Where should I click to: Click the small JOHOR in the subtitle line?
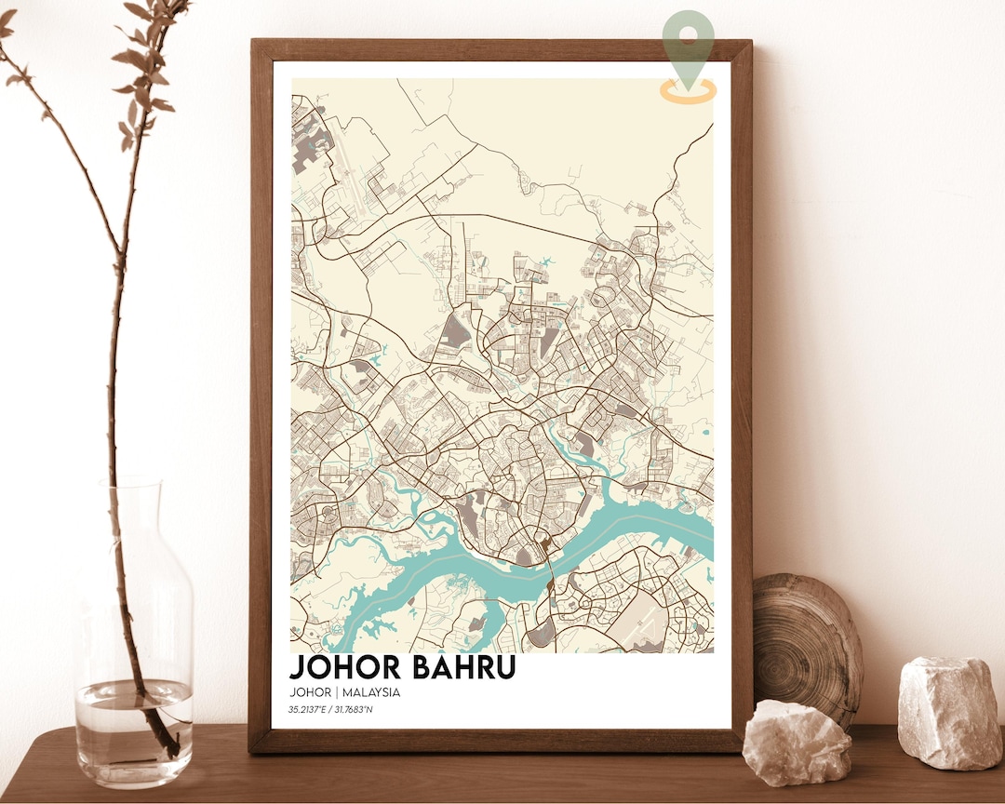pos(310,692)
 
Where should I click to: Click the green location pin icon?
pos(689,37)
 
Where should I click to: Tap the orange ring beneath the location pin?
pos(689,90)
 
